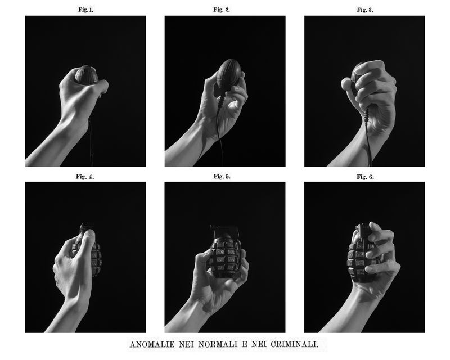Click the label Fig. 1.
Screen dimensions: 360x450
85,10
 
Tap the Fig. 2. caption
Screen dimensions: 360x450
222,10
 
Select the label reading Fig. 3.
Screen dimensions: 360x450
365,10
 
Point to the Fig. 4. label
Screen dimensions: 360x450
85,177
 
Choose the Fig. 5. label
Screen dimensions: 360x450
222,177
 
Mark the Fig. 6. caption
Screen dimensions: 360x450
365,177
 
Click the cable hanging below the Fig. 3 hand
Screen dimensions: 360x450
369,141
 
